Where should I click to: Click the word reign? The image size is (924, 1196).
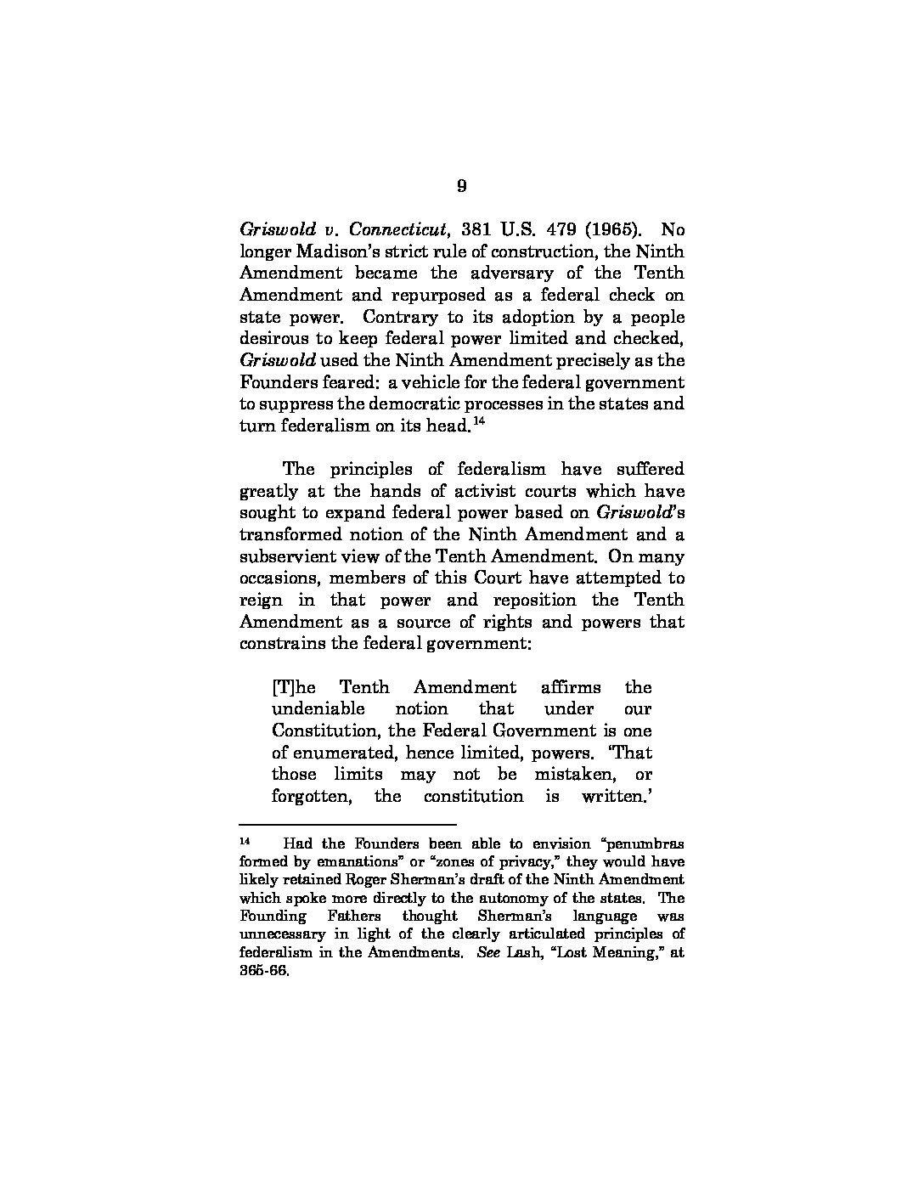(x=262, y=601)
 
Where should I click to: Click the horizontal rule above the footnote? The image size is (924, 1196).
(x=348, y=824)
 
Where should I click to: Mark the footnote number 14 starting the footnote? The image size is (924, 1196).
(x=246, y=841)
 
